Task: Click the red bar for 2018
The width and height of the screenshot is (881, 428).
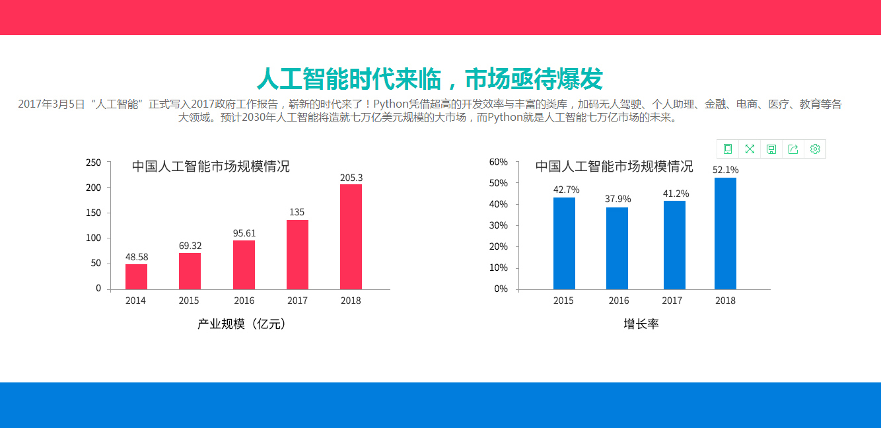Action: pos(351,237)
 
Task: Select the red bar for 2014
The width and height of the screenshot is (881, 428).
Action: pos(136,277)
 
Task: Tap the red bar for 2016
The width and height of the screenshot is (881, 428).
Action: pos(244,265)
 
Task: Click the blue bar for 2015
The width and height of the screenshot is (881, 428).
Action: pos(564,244)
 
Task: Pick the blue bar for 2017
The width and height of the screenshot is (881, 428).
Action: pos(674,245)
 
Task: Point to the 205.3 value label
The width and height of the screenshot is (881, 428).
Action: pos(351,178)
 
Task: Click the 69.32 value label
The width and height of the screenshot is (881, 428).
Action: pos(190,246)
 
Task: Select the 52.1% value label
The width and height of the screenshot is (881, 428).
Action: pos(725,170)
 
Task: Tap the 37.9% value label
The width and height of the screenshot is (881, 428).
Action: pos(617,199)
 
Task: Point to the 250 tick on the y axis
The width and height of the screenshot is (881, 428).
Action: pos(93,163)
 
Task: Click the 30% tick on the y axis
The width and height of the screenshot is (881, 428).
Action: pos(499,225)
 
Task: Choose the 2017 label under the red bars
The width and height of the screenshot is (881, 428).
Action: pos(297,301)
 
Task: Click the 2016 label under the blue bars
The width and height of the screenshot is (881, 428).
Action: pos(619,301)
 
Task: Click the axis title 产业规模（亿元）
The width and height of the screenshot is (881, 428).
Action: pos(242,324)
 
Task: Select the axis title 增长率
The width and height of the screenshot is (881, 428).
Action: pos(641,324)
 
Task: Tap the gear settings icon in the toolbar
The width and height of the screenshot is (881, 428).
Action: pos(815,149)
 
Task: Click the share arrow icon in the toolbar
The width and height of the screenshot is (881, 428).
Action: pos(793,149)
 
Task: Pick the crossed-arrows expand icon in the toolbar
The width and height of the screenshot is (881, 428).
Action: pos(750,149)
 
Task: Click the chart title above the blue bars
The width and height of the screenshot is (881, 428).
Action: pos(614,166)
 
